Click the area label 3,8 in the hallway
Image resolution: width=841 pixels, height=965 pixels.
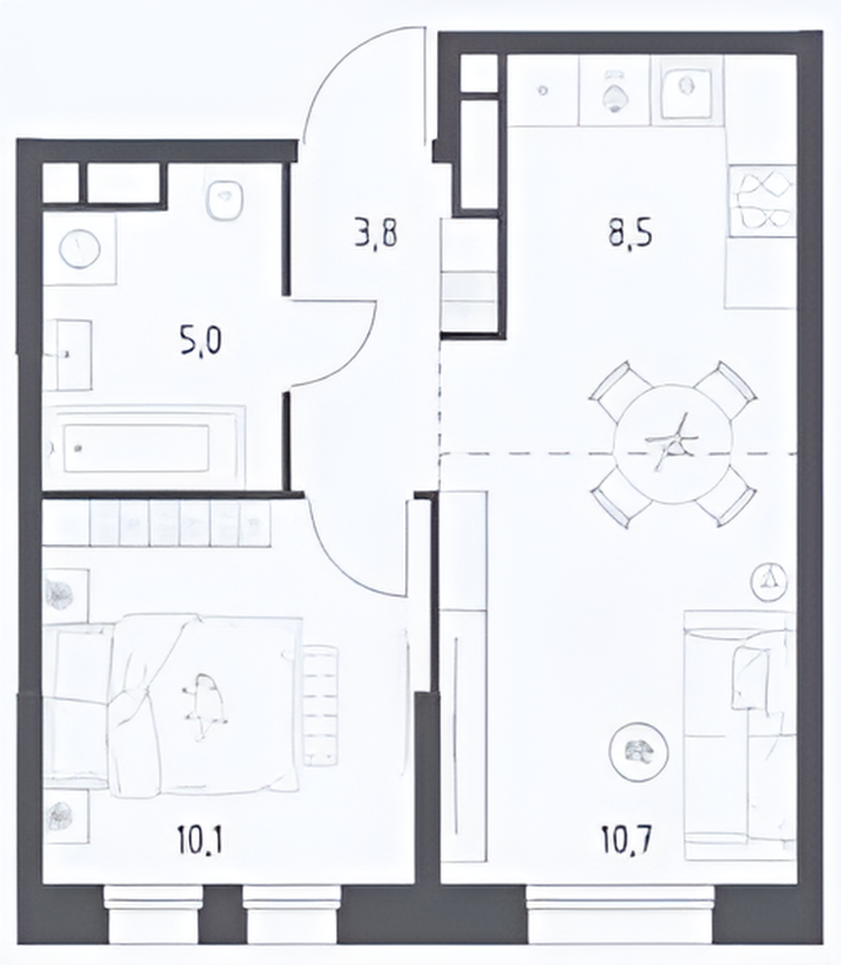[376, 234]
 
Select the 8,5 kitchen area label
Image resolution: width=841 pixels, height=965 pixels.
[631, 234]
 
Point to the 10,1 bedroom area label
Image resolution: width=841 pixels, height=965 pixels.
[200, 839]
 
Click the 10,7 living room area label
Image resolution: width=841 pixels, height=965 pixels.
[627, 839]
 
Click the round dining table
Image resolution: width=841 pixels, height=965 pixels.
[673, 445]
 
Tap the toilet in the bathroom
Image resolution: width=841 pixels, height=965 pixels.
[224, 201]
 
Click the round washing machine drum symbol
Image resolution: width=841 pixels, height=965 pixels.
[80, 248]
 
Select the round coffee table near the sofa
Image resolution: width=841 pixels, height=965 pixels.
[639, 751]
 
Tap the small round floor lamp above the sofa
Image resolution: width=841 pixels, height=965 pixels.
[769, 581]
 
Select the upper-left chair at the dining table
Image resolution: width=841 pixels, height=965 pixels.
[611, 386]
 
